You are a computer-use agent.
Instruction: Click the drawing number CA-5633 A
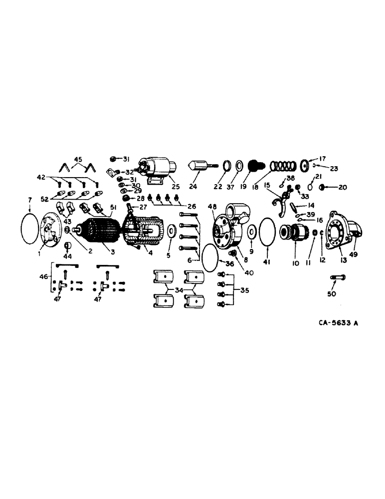(x=339, y=323)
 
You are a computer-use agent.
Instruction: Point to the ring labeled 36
(x=210, y=259)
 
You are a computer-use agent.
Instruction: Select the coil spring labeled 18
(x=282, y=165)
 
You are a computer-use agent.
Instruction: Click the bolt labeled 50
(x=339, y=277)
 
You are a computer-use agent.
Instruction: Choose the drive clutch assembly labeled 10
(x=293, y=233)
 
